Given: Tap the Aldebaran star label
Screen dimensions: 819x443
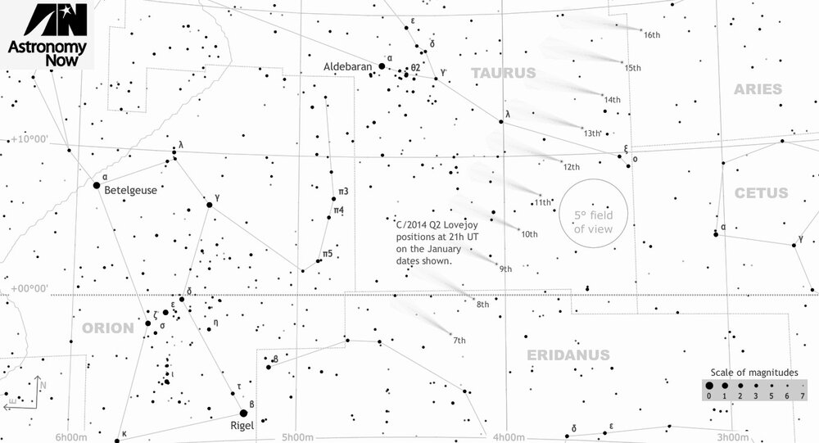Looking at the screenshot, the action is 348,67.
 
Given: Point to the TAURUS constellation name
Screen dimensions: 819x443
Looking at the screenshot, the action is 503,74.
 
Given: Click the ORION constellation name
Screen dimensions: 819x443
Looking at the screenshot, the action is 107,328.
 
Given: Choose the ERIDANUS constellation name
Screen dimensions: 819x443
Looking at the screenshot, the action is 568,355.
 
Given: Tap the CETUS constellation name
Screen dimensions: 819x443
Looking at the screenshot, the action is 761,194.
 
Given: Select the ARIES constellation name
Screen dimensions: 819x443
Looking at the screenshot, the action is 758,89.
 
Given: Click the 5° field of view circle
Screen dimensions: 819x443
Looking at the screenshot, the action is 593,212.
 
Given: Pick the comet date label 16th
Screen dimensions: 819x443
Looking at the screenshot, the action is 652,35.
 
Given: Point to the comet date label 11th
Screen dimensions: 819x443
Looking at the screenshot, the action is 542,202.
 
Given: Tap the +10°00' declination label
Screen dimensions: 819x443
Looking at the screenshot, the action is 29,139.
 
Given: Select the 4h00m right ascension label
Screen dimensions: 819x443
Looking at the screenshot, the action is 510,437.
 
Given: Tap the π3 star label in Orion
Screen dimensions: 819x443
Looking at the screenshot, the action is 343,192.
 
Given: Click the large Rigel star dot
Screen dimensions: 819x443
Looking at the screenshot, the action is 243,413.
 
